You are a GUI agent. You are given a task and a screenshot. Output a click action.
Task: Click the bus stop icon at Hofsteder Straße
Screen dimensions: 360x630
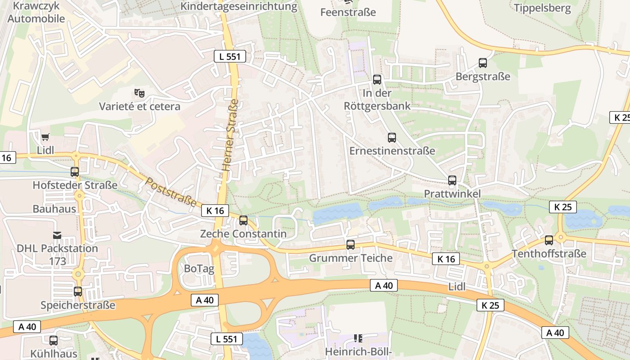75,172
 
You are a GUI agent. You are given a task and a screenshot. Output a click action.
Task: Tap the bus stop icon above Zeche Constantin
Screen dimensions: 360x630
243,220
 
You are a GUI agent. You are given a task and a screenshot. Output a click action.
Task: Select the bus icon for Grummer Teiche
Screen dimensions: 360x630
351,245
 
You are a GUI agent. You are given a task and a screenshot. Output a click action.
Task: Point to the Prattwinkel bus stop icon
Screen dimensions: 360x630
452,180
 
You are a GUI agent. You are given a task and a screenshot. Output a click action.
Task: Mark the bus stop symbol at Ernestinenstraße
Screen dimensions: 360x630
392,138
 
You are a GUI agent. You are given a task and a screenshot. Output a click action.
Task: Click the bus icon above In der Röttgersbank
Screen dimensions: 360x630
377,80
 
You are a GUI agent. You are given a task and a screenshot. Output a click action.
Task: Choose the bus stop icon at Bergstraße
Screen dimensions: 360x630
483,63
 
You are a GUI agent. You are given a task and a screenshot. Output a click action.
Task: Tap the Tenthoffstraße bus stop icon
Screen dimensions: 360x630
549,240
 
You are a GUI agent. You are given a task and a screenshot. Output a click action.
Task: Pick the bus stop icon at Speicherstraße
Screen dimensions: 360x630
78,292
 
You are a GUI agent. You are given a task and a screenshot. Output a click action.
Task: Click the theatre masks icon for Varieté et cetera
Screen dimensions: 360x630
139,94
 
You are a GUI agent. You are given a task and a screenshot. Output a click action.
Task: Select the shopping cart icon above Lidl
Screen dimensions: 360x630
45,137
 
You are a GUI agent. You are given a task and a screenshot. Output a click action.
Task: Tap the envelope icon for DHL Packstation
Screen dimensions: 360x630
57,235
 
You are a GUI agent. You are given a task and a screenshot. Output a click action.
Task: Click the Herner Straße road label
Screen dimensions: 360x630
230,135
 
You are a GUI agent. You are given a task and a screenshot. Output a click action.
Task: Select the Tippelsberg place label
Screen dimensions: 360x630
542,8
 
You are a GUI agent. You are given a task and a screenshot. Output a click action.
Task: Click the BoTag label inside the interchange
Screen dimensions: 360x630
199,269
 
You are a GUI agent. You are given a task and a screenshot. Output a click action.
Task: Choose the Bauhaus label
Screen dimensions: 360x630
54,209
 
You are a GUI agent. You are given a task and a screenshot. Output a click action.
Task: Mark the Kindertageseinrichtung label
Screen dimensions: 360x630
238,6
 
